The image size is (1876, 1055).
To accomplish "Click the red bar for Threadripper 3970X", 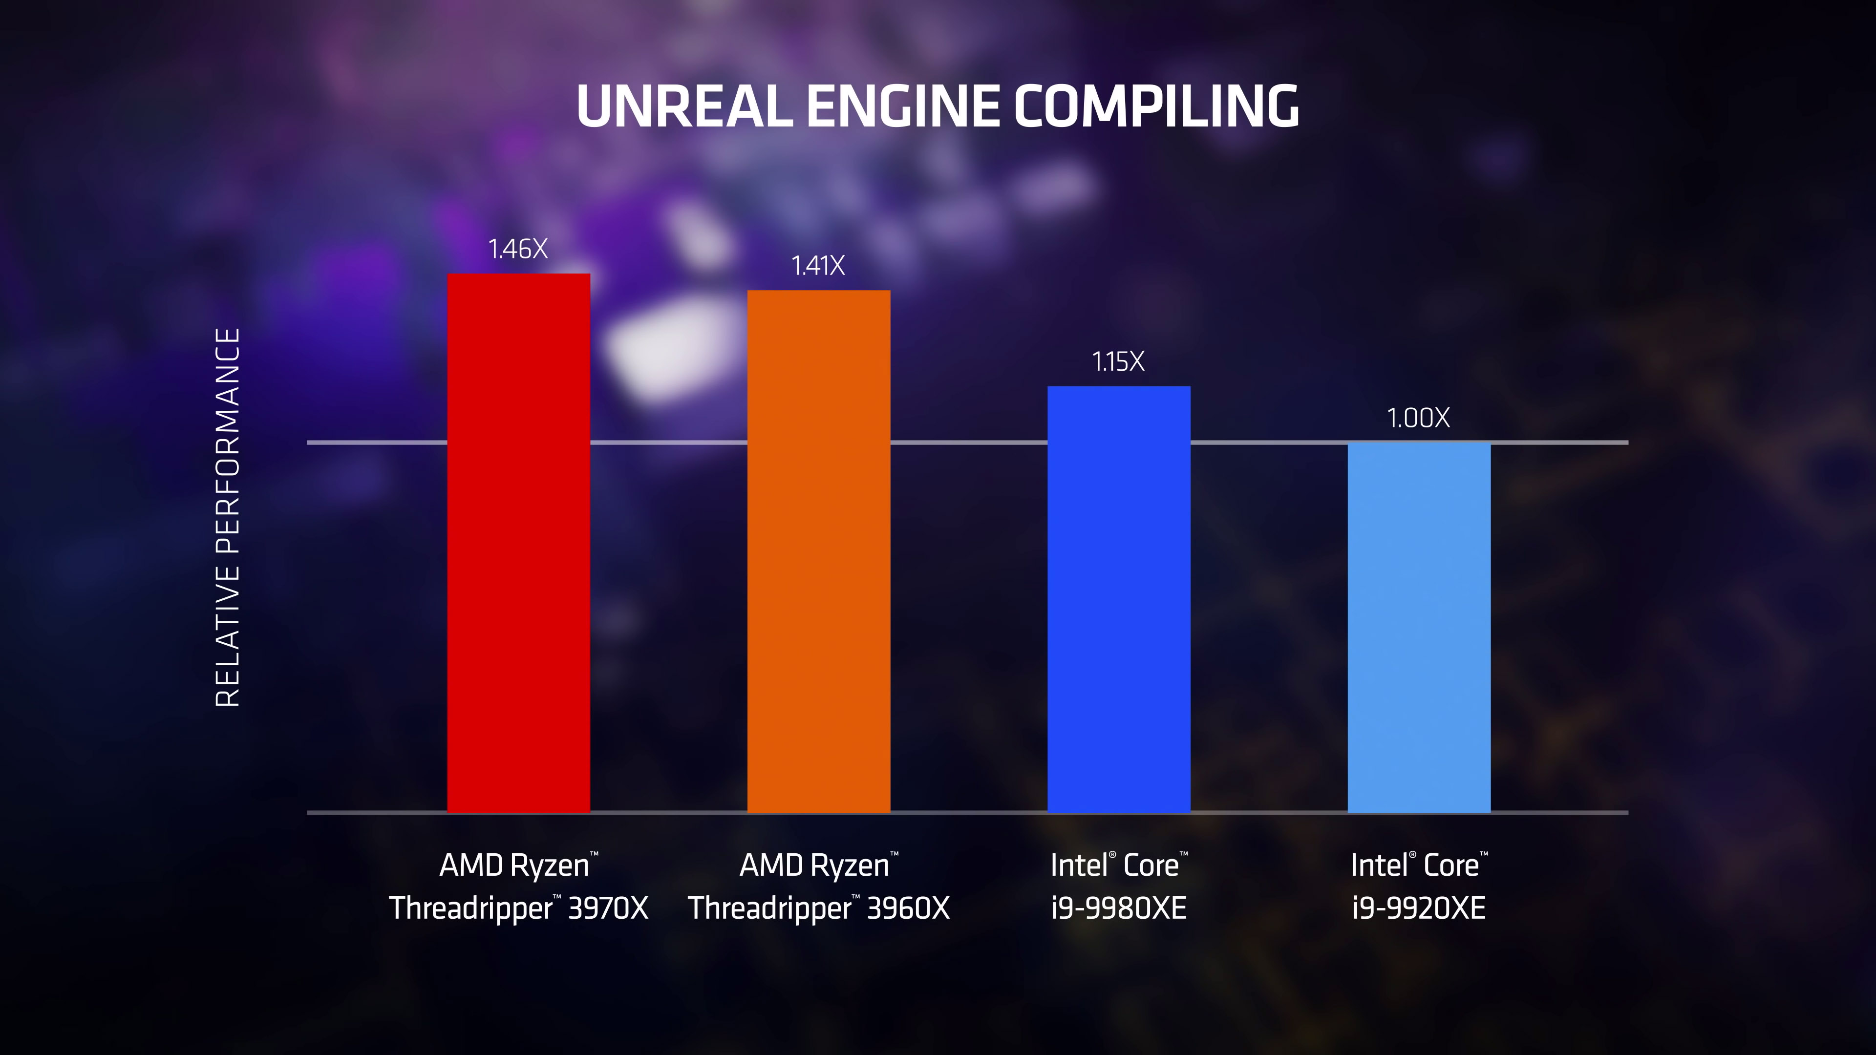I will click(518, 543).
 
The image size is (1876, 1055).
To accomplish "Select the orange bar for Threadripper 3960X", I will click(819, 551).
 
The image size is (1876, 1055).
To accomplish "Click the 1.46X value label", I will click(518, 250).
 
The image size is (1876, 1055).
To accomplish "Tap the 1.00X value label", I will click(1418, 419).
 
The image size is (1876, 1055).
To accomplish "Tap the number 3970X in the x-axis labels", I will click(607, 908).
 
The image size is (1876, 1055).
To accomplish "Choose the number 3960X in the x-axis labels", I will click(908, 908).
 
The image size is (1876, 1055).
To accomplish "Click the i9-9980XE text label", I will click(1119, 908).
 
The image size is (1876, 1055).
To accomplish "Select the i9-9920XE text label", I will click(1419, 908).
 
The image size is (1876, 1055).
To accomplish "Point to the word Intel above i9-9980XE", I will click(1079, 865).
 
